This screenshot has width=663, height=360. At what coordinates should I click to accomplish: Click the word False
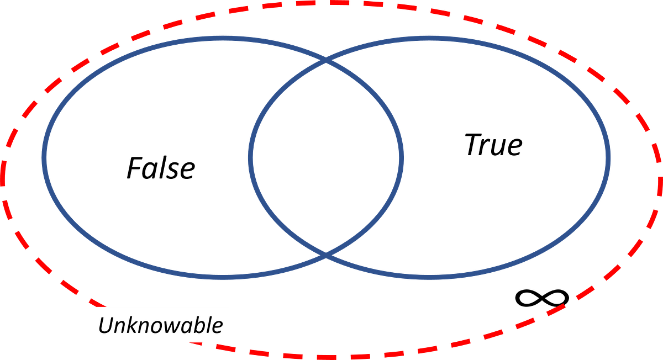[x=161, y=168]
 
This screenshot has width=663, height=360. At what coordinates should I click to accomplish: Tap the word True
[x=494, y=145]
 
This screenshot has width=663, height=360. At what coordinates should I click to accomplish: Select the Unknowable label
[x=161, y=325]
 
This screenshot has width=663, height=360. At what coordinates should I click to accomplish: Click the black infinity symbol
[x=542, y=298]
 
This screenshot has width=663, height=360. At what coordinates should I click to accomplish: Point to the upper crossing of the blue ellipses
[x=326, y=60]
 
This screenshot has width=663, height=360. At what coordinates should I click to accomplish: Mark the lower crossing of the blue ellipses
[x=326, y=255]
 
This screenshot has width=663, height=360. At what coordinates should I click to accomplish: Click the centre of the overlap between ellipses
[x=326, y=158]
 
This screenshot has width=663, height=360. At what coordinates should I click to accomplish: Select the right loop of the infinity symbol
[x=556, y=298]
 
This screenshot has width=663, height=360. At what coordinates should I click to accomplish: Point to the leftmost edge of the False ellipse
[x=44, y=158]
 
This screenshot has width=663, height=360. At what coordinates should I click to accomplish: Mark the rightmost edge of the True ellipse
[x=608, y=158]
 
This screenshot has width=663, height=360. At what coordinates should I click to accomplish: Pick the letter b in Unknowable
[x=201, y=325]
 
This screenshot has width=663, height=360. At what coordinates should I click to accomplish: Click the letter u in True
[x=498, y=147]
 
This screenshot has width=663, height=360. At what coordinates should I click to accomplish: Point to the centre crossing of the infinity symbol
[x=542, y=298]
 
